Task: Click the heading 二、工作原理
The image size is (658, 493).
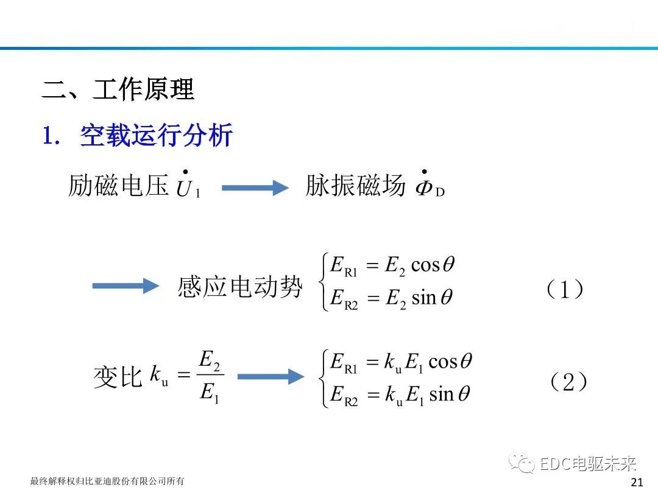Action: click(x=118, y=90)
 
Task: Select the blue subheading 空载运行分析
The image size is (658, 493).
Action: click(x=156, y=136)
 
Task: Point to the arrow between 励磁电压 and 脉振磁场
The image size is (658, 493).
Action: click(x=255, y=188)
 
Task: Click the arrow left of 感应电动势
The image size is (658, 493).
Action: click(x=126, y=285)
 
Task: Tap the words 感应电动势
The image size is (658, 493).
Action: click(x=240, y=287)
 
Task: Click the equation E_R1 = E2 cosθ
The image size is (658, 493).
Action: click(x=392, y=266)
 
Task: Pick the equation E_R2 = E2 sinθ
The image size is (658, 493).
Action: click(x=391, y=299)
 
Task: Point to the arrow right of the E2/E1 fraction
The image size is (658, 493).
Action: click(x=270, y=377)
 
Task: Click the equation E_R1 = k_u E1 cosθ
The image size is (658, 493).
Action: click(x=400, y=362)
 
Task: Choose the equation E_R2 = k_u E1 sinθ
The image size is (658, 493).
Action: click(x=400, y=395)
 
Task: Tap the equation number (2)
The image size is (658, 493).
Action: click(x=568, y=382)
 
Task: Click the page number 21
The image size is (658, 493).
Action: click(x=637, y=482)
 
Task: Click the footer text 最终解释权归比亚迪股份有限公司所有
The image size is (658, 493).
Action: click(x=107, y=481)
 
